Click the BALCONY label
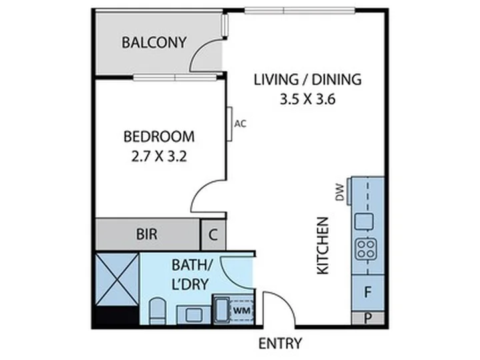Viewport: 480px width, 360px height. point(154,42)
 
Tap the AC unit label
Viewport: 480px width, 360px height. point(240,124)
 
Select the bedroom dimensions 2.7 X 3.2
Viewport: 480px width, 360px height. point(159,157)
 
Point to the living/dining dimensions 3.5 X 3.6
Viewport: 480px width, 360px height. point(307,99)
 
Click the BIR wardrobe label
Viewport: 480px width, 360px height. point(147,234)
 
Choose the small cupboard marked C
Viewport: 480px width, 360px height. point(213,235)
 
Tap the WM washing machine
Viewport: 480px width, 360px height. point(242,311)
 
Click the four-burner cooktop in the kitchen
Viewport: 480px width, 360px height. point(366,249)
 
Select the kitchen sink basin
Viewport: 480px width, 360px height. point(364,221)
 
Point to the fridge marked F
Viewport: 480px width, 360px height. point(367,293)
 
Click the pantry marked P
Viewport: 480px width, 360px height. point(367,319)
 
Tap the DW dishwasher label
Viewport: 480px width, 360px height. point(340,192)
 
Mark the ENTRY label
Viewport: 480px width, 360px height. point(281,343)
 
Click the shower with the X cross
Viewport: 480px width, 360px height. point(117,279)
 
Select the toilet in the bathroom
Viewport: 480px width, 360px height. point(157,311)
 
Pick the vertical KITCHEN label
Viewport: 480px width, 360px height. point(323,245)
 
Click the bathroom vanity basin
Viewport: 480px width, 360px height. point(194,315)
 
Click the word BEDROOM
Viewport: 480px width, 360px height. point(159,137)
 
